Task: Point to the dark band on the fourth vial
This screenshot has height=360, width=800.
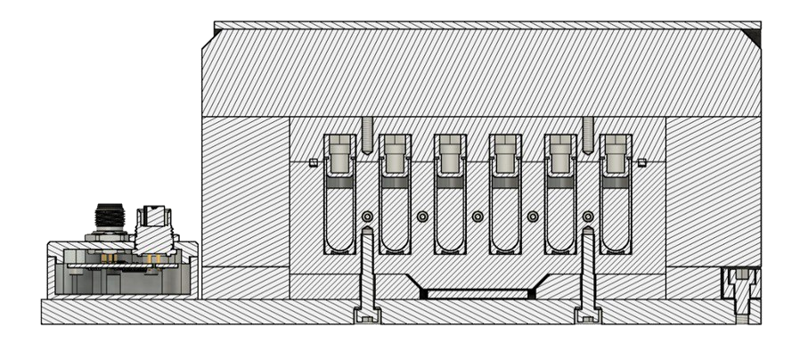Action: click(x=505, y=182)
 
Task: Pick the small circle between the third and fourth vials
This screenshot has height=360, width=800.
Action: click(x=478, y=217)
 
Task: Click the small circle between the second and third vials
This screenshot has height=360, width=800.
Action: click(x=423, y=217)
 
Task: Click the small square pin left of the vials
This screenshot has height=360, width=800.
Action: click(x=312, y=162)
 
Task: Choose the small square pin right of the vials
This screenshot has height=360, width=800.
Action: click(x=642, y=162)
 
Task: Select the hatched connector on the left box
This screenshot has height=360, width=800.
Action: click(x=153, y=223)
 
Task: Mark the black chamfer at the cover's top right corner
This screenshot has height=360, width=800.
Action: click(x=755, y=35)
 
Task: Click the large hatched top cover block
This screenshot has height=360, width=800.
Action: click(x=481, y=71)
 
